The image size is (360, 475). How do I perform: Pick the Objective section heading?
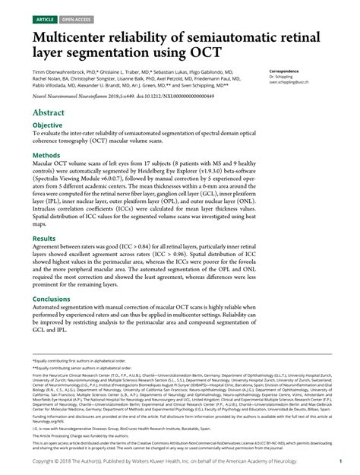pos(47,125)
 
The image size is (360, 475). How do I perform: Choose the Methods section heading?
pos(45,155)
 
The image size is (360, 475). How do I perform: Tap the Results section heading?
pos(43,239)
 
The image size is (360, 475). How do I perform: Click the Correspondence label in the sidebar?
pos(286,71)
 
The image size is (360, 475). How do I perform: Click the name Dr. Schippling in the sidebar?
pos(283,78)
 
